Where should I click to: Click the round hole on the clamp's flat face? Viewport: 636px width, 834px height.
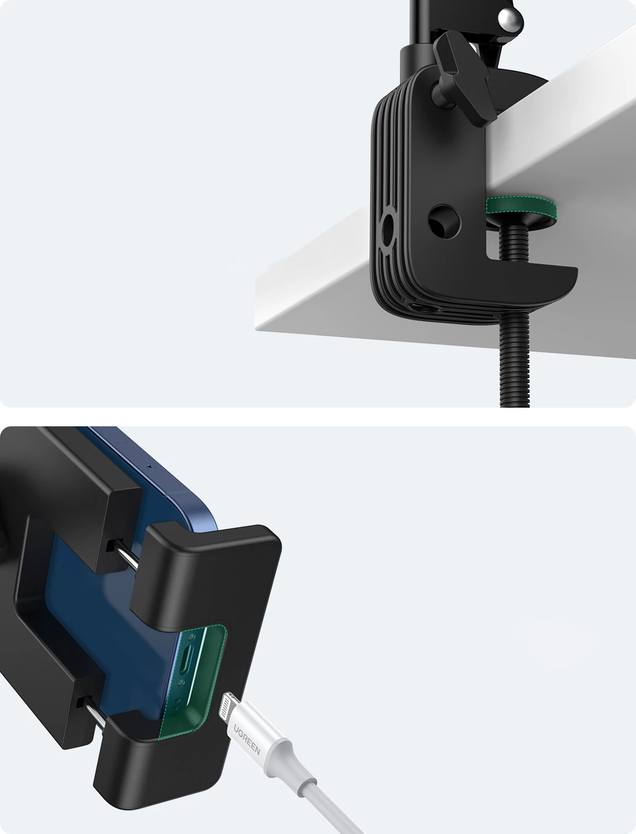pyautogui.click(x=444, y=222)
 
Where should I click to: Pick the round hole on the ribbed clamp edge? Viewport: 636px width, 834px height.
pyautogui.click(x=388, y=230)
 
